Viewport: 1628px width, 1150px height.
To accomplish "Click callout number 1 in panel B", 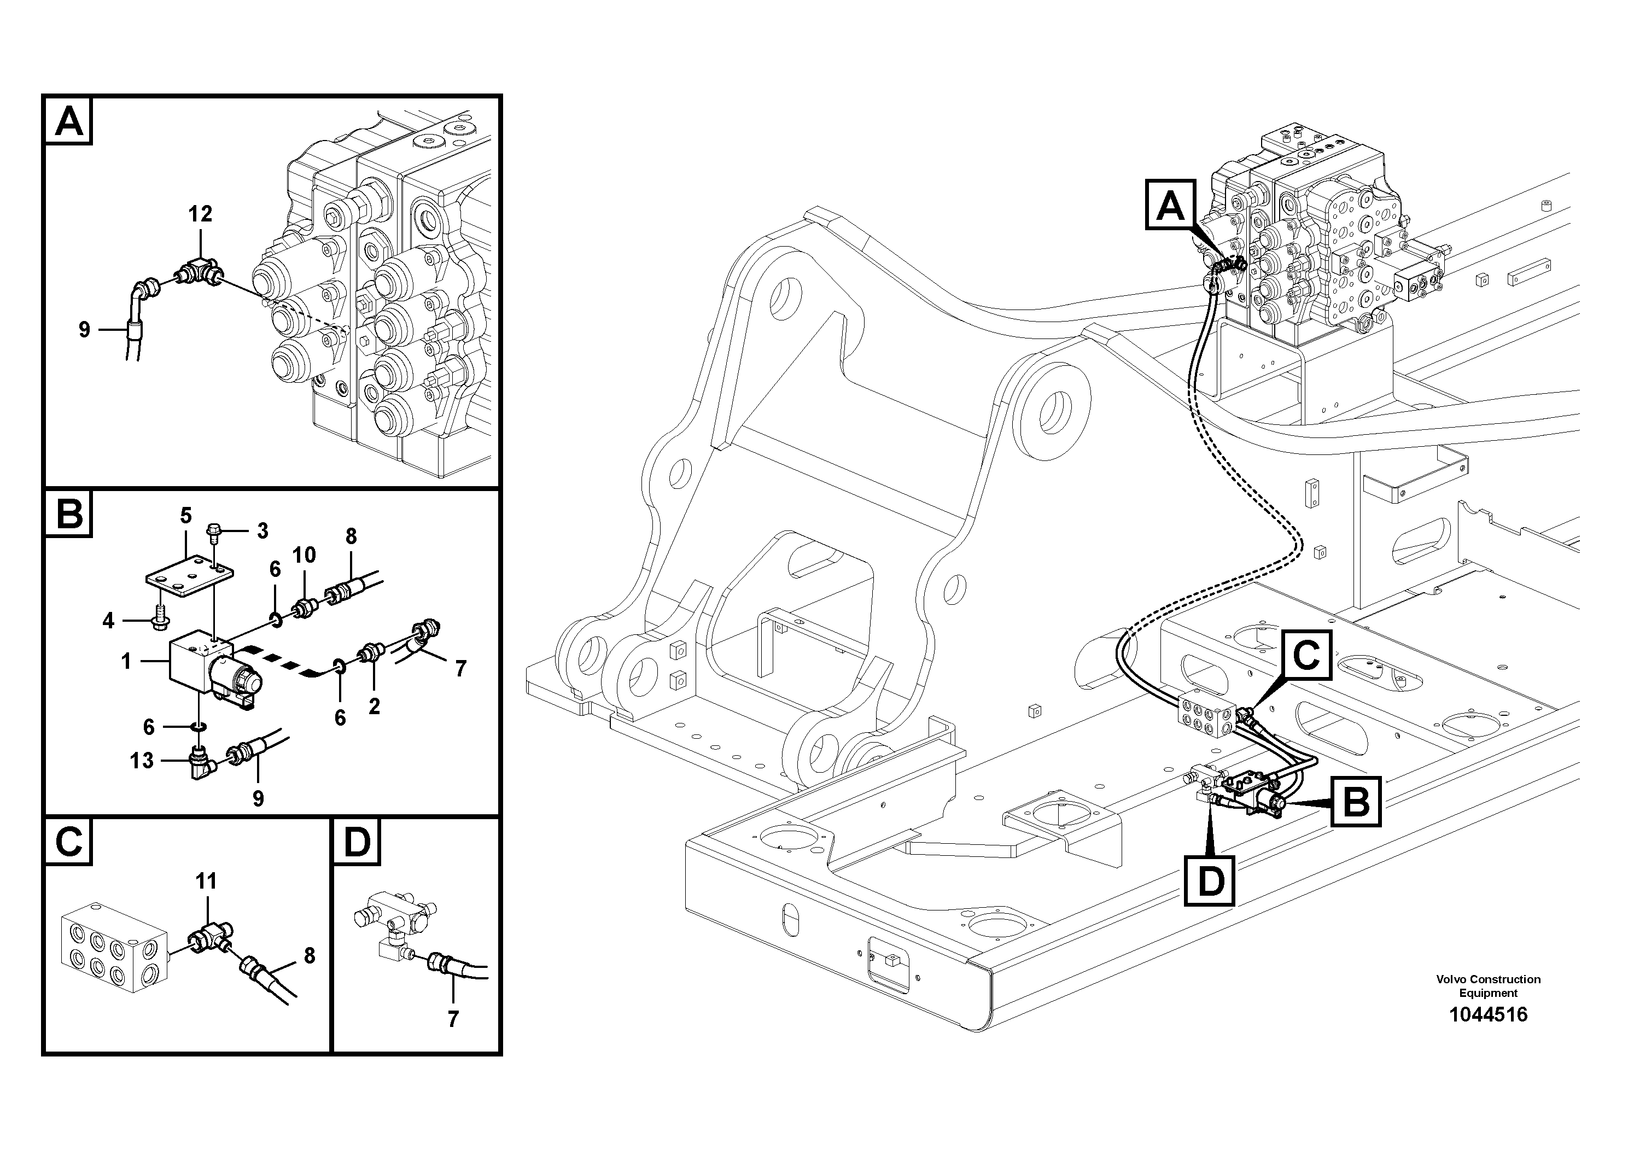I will [126, 662].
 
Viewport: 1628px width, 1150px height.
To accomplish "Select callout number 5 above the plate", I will [186, 516].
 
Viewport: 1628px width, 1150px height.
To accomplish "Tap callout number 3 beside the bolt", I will [262, 530].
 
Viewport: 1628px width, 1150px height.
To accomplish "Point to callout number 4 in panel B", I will [108, 622].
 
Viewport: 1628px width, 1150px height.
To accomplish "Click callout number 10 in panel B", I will [304, 555].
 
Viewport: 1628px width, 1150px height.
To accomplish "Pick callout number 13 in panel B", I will [141, 761].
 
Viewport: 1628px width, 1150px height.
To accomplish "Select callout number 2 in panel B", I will [374, 706].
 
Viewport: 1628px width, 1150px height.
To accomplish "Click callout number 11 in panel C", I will [206, 882].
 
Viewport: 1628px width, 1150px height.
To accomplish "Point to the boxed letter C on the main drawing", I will [1305, 655].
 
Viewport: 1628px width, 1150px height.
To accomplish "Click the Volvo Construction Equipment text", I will [1489, 986].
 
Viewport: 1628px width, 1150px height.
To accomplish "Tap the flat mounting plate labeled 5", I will [189, 580].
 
